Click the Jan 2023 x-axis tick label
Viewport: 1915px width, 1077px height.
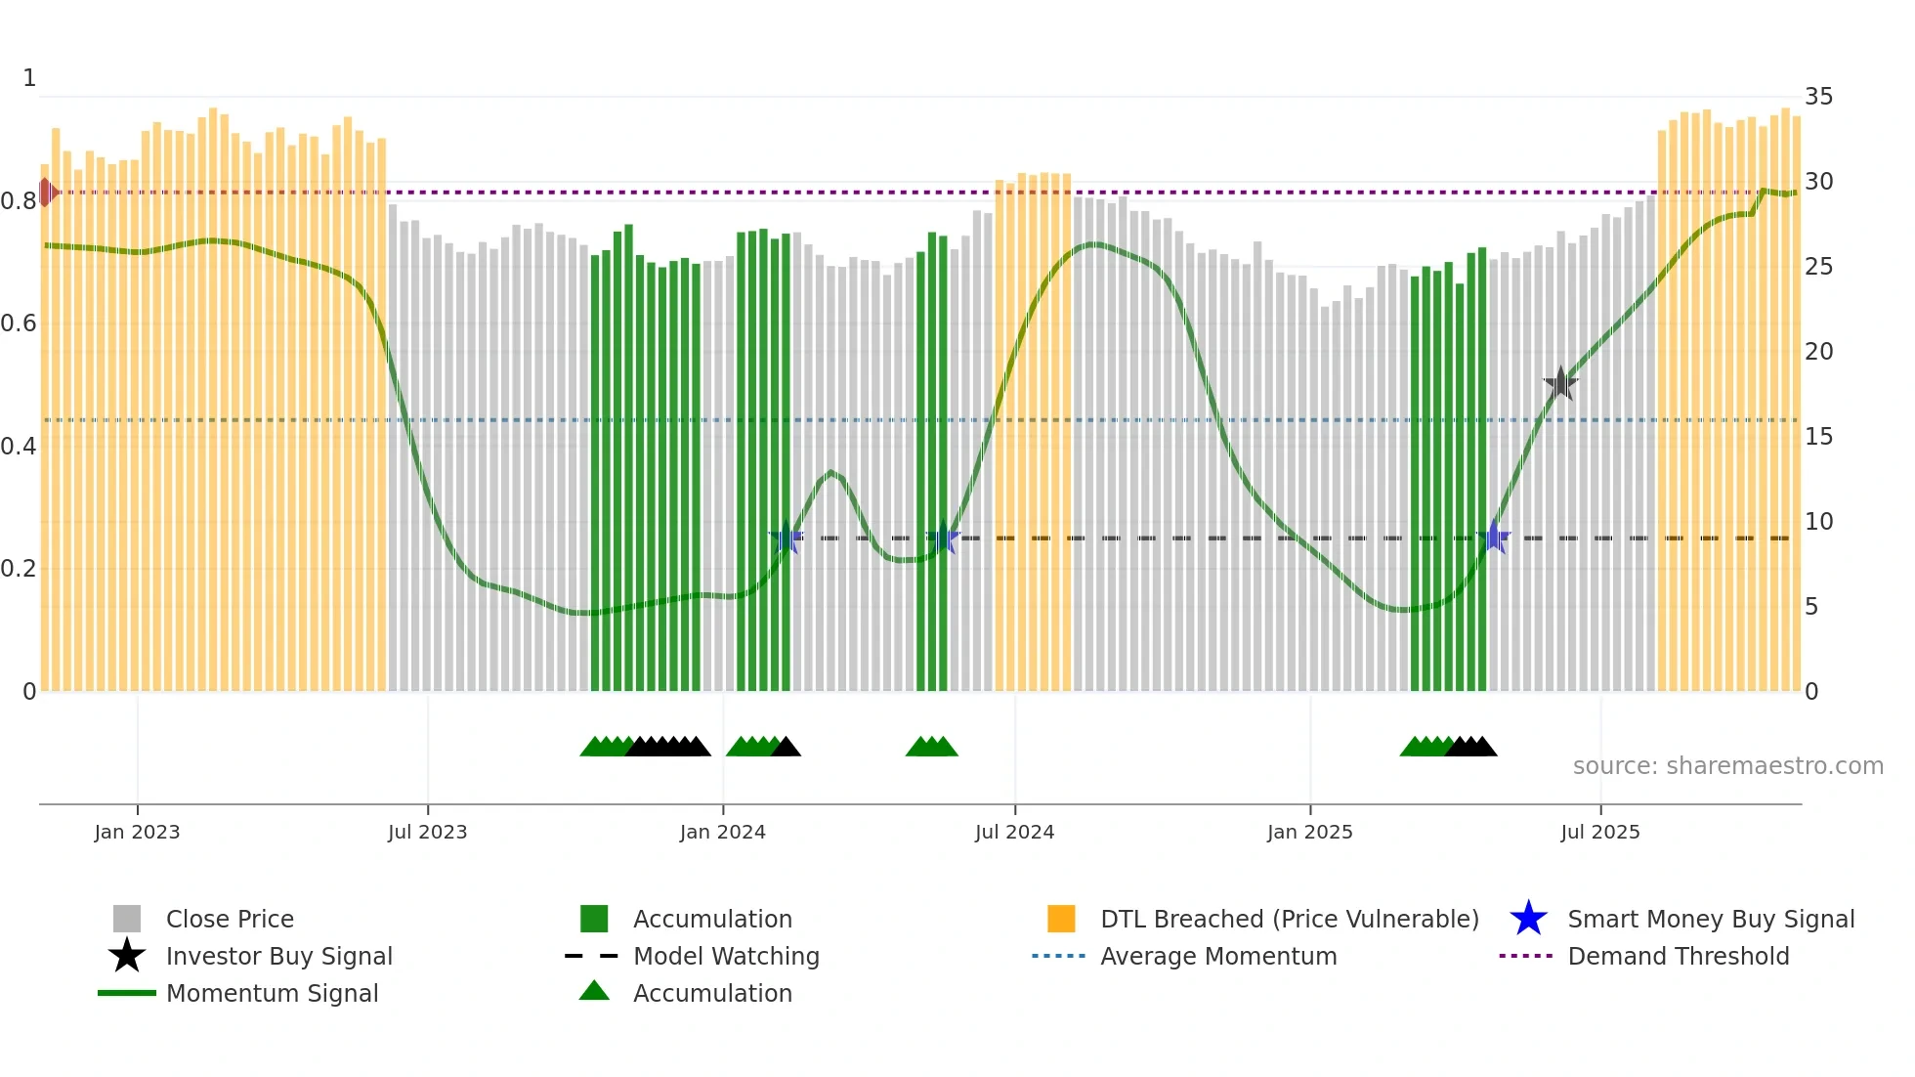click(137, 832)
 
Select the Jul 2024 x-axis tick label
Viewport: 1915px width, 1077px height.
click(1014, 832)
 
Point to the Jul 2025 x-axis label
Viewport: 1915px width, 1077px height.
click(1599, 832)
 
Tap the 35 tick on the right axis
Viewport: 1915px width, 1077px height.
click(1818, 97)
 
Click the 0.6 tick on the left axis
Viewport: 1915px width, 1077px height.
click(18, 323)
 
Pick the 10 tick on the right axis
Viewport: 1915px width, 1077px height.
click(1818, 522)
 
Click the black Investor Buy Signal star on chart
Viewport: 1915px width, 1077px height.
click(1560, 383)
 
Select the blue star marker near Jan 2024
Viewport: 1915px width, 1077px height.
click(786, 538)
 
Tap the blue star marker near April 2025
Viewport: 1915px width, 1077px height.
click(1494, 538)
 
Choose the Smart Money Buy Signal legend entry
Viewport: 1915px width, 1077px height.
click(1710, 919)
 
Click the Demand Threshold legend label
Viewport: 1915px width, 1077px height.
click(1678, 956)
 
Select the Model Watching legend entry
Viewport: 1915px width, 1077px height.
click(725, 956)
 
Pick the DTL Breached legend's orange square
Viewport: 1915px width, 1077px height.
click(1061, 919)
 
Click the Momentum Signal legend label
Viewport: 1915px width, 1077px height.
click(272, 993)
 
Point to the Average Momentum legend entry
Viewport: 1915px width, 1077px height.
click(1217, 956)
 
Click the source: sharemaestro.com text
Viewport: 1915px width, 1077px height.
click(1727, 766)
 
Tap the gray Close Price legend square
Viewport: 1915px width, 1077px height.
click(127, 919)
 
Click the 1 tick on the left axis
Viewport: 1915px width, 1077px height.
click(29, 78)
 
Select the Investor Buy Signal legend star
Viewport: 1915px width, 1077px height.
click(127, 956)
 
